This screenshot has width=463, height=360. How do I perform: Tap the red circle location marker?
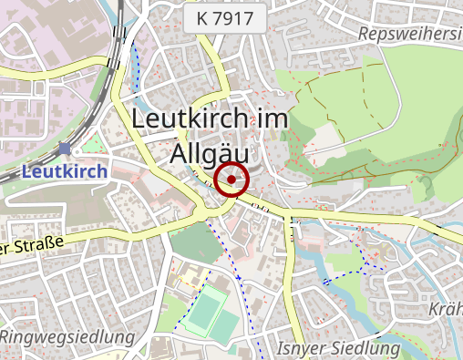coord(232,180)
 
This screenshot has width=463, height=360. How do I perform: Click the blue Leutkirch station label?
coord(64,170)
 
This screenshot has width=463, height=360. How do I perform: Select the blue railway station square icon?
coord(64,149)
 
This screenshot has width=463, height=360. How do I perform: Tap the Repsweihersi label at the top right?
coord(411,34)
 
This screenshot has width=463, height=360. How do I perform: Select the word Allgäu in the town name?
coord(216,153)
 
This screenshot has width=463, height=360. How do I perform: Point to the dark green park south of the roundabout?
coord(194,242)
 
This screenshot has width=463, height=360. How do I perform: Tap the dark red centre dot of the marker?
coord(232,180)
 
